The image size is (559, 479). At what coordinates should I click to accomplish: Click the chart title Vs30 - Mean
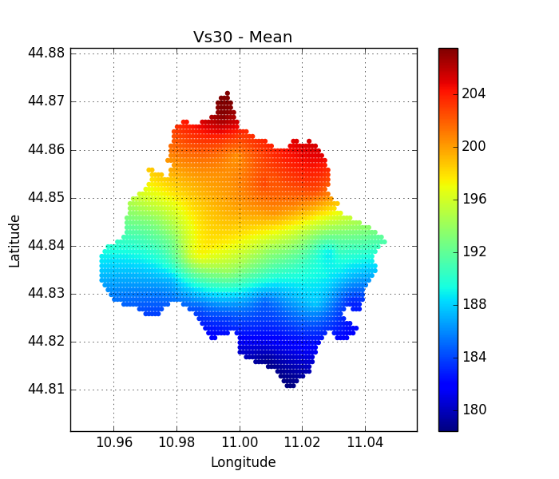(x=243, y=38)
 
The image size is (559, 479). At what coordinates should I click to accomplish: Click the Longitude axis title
(x=243, y=462)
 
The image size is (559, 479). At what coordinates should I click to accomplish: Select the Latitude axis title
(x=14, y=240)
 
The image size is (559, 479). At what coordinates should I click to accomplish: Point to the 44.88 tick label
(x=46, y=53)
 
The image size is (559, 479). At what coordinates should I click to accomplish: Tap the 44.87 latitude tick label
(x=46, y=101)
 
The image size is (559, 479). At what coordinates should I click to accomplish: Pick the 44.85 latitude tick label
(x=46, y=198)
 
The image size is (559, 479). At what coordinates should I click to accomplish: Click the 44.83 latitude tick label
(x=46, y=294)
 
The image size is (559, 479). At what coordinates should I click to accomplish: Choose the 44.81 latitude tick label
(x=46, y=390)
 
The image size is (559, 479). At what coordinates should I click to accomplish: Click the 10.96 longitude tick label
(x=113, y=442)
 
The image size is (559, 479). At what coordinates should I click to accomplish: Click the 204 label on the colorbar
(x=474, y=93)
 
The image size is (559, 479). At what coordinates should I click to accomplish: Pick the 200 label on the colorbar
(x=474, y=146)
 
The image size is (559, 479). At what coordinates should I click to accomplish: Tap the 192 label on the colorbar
(x=474, y=251)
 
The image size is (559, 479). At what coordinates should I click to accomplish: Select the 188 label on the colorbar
(x=474, y=304)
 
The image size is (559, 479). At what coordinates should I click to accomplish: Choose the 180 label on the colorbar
(x=474, y=410)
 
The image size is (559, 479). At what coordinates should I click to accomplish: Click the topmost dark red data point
(x=227, y=93)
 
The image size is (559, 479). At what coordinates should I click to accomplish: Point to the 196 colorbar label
(x=474, y=199)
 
